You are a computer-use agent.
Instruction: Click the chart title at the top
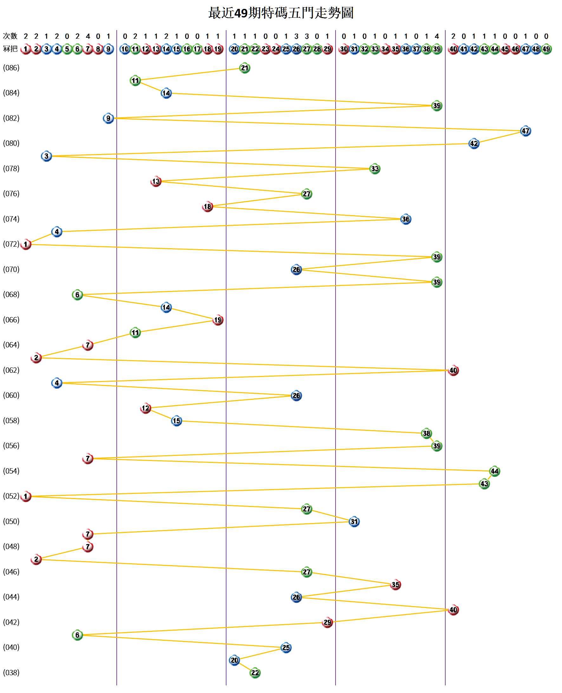point(281,13)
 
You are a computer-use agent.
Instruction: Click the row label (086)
point(11,68)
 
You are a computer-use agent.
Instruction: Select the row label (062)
point(11,370)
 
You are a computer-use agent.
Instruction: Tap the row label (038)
point(11,673)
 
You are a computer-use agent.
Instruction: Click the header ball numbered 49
point(546,49)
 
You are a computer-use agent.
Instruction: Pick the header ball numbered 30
point(344,49)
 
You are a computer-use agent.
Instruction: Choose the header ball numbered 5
point(67,49)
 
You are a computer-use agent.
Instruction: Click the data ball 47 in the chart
point(526,131)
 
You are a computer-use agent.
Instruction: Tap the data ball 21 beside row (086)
point(245,68)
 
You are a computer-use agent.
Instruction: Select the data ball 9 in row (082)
point(108,119)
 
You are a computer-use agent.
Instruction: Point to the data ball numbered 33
point(375,169)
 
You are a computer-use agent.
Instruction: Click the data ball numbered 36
point(406,219)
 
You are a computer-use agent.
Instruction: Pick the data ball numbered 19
point(218,320)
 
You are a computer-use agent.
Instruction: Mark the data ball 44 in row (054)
point(494,471)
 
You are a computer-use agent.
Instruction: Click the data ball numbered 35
point(395,585)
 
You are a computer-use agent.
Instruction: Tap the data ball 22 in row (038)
point(255,673)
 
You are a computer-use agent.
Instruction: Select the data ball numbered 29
point(328,622)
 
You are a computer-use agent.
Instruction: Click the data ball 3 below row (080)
point(47,156)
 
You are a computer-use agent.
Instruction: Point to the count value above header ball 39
point(437,36)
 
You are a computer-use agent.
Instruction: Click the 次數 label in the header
point(10,36)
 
